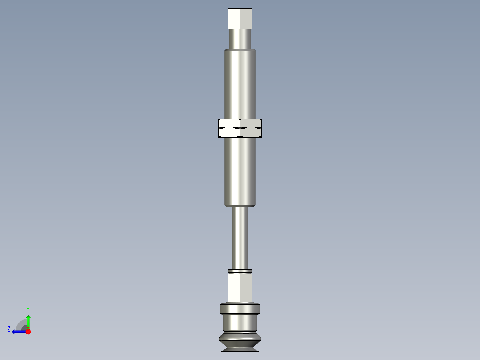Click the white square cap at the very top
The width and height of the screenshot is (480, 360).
click(x=240, y=19)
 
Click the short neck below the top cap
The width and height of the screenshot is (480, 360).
click(x=240, y=39)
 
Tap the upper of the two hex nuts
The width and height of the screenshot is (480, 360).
click(x=240, y=123)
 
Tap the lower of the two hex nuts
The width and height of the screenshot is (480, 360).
click(x=240, y=132)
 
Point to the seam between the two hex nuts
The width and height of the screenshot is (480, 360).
click(x=240, y=128)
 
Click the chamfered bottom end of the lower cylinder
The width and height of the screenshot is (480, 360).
click(x=240, y=205)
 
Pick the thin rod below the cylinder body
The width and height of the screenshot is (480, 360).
click(x=240, y=238)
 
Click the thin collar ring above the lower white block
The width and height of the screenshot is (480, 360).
click(x=240, y=271)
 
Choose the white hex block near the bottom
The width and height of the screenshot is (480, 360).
click(x=240, y=288)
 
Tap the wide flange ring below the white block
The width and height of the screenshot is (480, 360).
click(x=240, y=309)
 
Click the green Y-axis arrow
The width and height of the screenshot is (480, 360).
click(x=28, y=320)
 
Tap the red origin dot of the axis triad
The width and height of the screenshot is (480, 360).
click(x=28, y=331)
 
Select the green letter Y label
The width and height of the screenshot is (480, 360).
click(x=28, y=309)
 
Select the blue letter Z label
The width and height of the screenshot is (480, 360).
click(x=9, y=329)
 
